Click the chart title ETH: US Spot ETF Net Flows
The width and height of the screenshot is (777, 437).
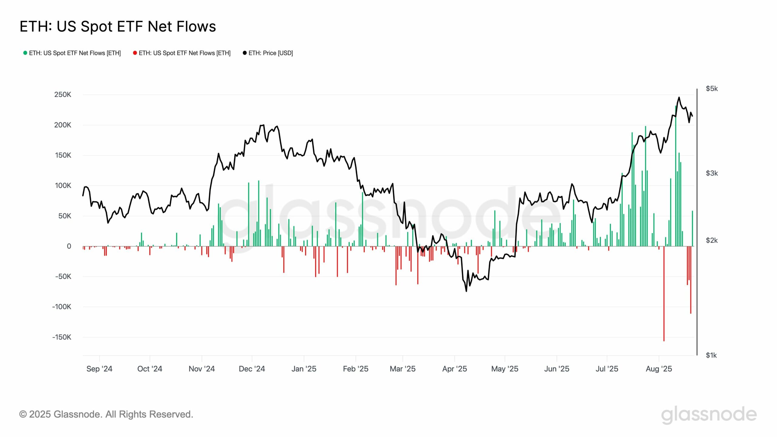point(118,26)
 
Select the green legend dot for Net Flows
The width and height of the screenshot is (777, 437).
point(25,53)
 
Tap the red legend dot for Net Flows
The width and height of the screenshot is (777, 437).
point(135,53)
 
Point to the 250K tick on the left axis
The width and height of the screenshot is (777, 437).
point(63,95)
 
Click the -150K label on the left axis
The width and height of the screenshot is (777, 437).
point(62,337)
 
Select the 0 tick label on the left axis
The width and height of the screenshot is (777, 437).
point(69,246)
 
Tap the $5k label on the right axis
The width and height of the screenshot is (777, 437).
point(712,89)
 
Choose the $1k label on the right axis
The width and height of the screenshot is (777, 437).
point(711,355)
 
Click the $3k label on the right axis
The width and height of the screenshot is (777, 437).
point(712,173)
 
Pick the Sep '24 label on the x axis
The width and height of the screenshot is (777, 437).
point(99,369)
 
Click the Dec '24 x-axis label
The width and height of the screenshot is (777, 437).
point(252,369)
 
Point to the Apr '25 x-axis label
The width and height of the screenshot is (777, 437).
point(454,369)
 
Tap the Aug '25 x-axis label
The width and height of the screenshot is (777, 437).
point(659,369)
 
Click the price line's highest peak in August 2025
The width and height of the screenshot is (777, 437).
point(679,97)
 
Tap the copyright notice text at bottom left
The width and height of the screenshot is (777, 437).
point(106,414)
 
